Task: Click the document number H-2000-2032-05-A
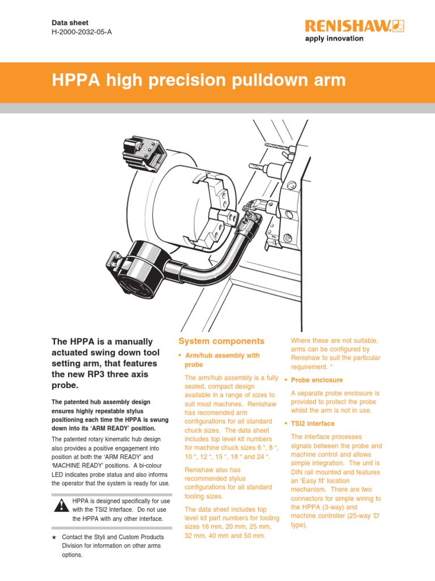tap(82, 32)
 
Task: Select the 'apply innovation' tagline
tap(334, 39)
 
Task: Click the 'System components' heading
tap(221, 341)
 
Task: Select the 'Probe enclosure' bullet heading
tap(317, 380)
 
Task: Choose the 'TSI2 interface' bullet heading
tap(313, 424)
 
